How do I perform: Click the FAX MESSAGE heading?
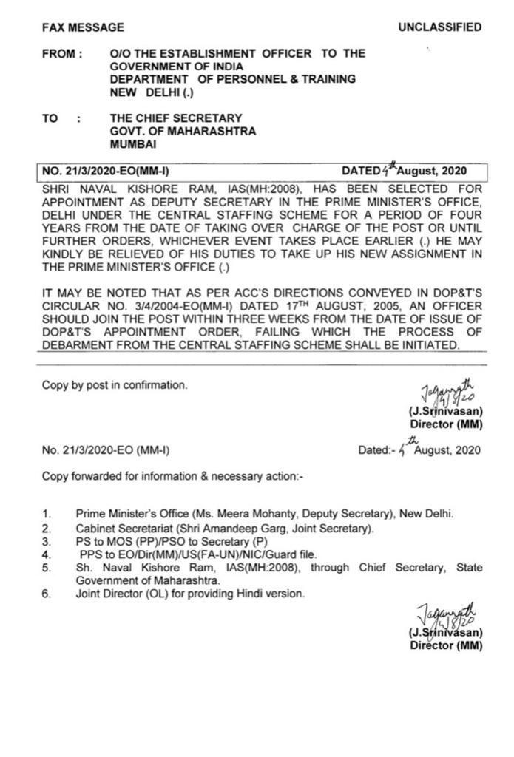pyautogui.click(x=83, y=28)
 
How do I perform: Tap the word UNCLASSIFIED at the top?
pyautogui.click(x=439, y=28)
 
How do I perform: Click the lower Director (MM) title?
pyautogui.click(x=446, y=645)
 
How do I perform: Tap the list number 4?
pyautogui.click(x=46, y=554)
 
